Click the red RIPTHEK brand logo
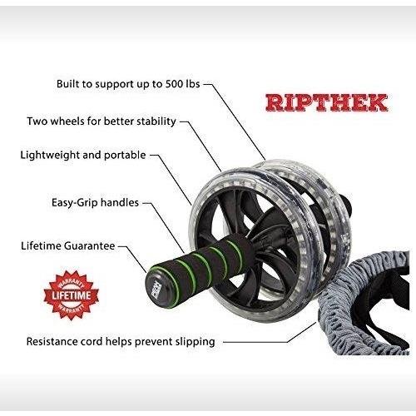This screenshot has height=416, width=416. pos(326,103)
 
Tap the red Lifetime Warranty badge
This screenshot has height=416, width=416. pos(72,295)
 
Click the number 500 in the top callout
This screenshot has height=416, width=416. pos(174,84)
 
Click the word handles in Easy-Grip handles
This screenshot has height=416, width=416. pos(120,202)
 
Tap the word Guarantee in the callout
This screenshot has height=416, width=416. pos(89,246)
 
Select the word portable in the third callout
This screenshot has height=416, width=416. pos(125,156)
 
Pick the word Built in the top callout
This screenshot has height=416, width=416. pos(67,84)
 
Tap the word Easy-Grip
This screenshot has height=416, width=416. pos(75,203)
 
